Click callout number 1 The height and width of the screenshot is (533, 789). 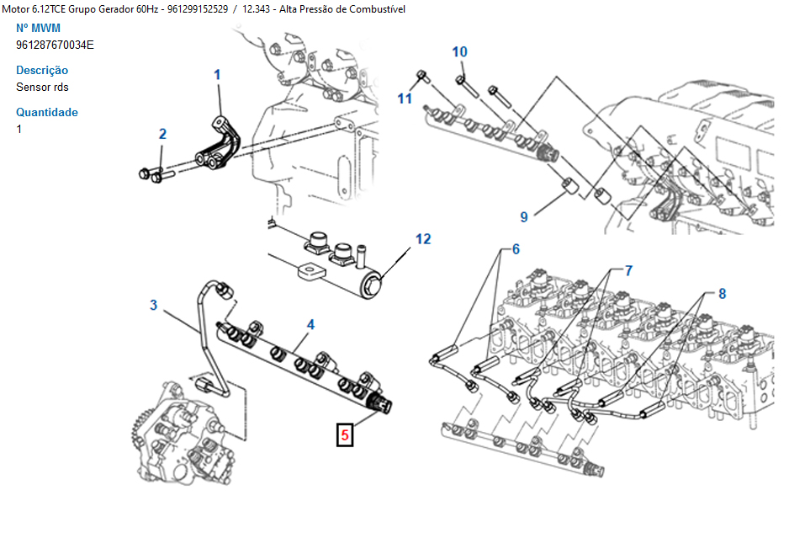pyautogui.click(x=217, y=75)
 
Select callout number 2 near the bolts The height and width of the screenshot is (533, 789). pyautogui.click(x=162, y=134)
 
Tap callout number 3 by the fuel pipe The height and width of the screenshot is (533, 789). pyautogui.click(x=154, y=305)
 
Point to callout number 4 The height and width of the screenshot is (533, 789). pyautogui.click(x=310, y=324)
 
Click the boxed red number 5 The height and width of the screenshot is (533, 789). pyautogui.click(x=345, y=435)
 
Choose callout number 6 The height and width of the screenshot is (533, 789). pyautogui.click(x=516, y=249)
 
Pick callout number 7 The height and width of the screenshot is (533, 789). pyautogui.click(x=627, y=270)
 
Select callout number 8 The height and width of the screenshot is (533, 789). pyautogui.click(x=721, y=294)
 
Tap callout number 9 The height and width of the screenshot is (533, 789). pyautogui.click(x=524, y=217)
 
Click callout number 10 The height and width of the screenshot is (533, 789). pyautogui.click(x=459, y=52)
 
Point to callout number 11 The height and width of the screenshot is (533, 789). pyautogui.click(x=405, y=99)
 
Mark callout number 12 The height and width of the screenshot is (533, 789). pyautogui.click(x=422, y=239)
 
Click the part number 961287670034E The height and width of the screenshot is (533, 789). pyautogui.click(x=55, y=45)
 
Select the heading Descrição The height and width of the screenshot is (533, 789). pyautogui.click(x=42, y=70)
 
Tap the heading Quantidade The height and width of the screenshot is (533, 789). pyautogui.click(x=47, y=112)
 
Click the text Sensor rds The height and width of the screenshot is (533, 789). pyautogui.click(x=42, y=87)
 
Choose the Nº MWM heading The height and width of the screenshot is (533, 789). pyautogui.click(x=38, y=28)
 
